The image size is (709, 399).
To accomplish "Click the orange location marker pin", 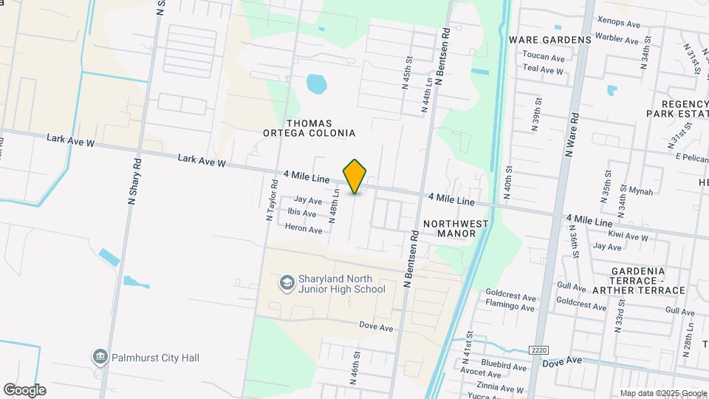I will [355, 176].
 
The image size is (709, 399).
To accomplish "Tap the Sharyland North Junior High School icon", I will [286, 283].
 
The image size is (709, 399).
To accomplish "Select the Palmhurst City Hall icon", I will [99, 357].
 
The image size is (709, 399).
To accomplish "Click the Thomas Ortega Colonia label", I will [309, 128].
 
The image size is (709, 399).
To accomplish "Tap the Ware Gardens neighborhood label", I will [550, 39].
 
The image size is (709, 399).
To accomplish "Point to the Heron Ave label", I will [304, 229].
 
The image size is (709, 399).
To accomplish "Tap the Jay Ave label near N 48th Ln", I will [308, 200].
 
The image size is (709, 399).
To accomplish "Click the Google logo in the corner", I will [24, 390].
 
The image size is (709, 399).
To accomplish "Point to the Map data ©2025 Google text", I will [663, 393].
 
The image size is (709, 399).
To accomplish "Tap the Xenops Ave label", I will [618, 24].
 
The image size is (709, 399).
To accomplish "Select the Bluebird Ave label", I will [503, 366].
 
